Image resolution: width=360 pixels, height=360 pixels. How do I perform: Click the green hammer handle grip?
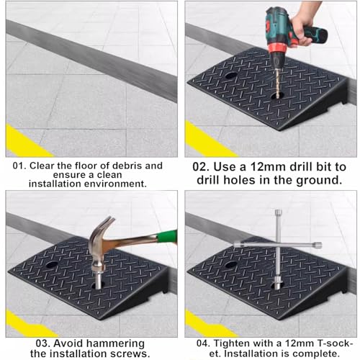(x=167, y=236)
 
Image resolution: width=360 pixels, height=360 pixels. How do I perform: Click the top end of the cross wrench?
(x=278, y=212)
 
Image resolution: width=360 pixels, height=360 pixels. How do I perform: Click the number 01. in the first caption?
(x=19, y=166)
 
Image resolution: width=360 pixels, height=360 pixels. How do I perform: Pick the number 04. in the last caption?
(x=203, y=343)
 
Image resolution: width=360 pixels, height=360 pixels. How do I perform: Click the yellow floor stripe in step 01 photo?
(x=27, y=142)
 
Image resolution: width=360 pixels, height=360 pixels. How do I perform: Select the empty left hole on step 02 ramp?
(x=231, y=76)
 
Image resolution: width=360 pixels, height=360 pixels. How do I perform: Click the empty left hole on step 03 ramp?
(x=52, y=265)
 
